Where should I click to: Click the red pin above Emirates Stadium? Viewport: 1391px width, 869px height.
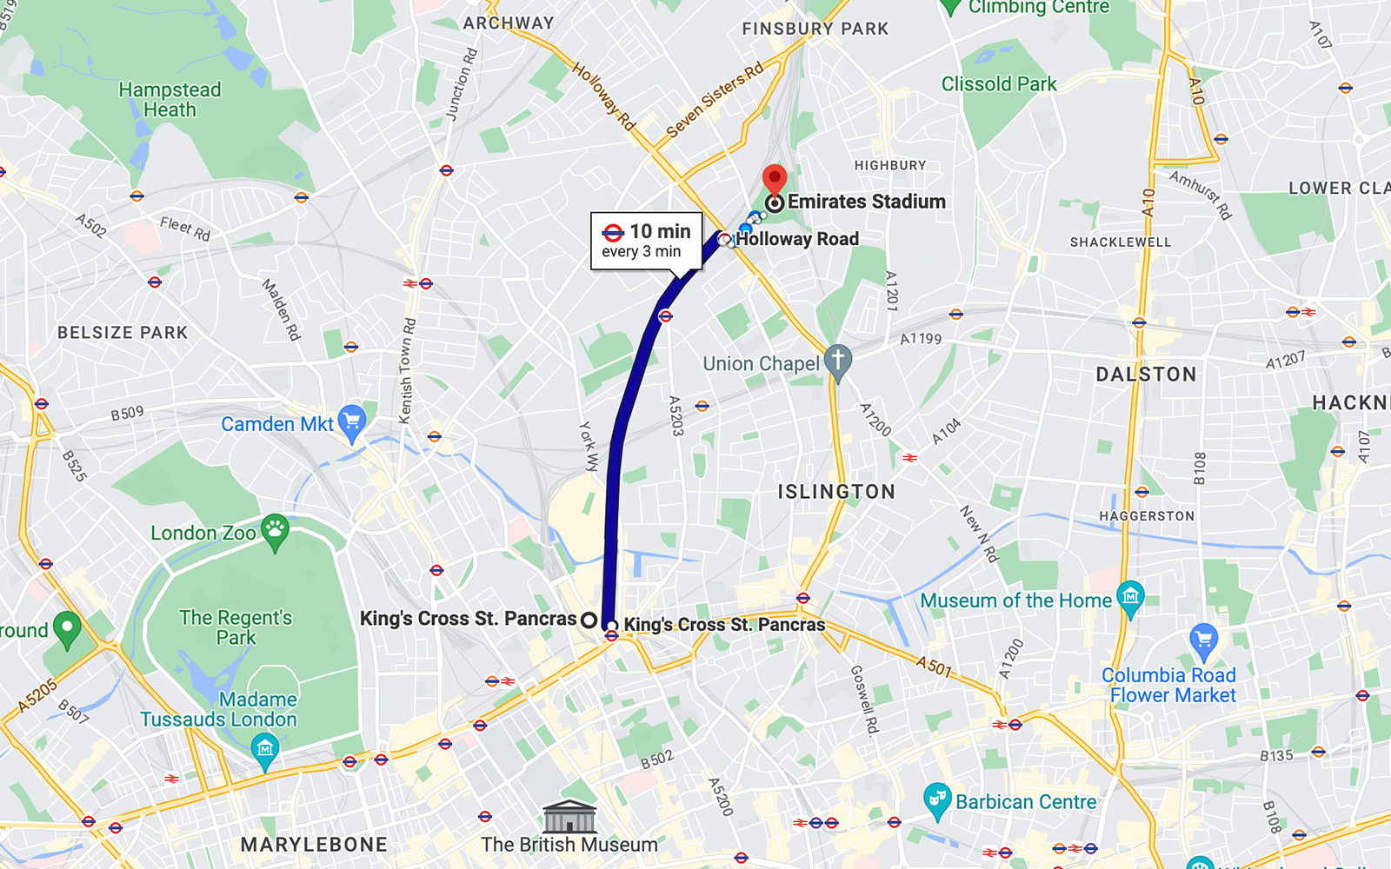(774, 179)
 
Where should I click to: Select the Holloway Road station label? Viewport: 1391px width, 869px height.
(796, 239)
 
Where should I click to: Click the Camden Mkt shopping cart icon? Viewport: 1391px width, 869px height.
(351, 421)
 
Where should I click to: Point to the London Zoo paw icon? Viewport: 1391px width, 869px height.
(276, 531)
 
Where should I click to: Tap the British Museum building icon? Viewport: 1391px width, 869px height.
(569, 817)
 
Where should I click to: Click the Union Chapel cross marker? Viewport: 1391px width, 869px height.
(837, 362)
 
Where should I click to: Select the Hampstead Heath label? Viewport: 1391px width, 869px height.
(170, 100)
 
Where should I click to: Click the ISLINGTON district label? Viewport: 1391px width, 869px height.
(835, 492)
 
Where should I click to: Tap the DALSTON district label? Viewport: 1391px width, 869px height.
(1146, 375)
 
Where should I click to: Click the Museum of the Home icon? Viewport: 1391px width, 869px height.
(1130, 597)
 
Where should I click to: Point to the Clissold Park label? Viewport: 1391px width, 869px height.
(998, 84)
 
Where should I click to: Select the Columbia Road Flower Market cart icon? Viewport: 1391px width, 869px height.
(1203, 640)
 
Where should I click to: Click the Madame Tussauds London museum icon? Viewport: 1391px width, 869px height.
(264, 748)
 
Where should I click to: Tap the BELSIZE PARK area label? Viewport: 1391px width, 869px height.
(123, 333)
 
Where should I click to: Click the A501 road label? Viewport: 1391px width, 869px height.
(935, 667)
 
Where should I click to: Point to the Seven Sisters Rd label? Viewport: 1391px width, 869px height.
(715, 100)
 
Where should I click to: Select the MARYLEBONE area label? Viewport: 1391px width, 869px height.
(314, 845)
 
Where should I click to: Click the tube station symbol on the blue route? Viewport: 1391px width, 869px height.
(665, 316)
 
